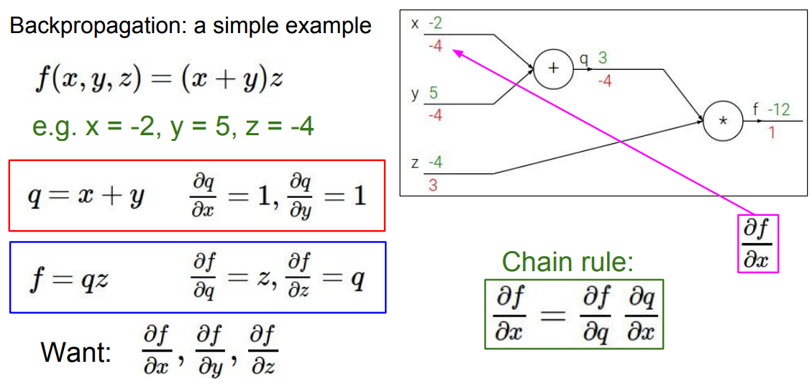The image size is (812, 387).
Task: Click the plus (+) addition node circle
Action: (553, 70)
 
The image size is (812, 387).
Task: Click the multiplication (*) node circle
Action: (722, 122)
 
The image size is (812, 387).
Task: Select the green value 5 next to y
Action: (434, 93)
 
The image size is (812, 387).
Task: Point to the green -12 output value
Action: (778, 110)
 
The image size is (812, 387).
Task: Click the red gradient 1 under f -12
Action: (771, 133)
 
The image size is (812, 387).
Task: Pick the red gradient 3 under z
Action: (433, 185)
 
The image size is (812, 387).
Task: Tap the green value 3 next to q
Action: (602, 58)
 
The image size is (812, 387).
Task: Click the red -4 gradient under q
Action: (604, 81)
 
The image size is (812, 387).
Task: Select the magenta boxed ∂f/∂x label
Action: (758, 243)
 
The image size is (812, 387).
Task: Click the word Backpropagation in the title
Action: (86, 27)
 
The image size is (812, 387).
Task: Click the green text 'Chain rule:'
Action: (567, 262)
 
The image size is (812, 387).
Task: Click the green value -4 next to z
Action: (435, 163)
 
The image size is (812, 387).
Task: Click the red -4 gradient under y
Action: (434, 114)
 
